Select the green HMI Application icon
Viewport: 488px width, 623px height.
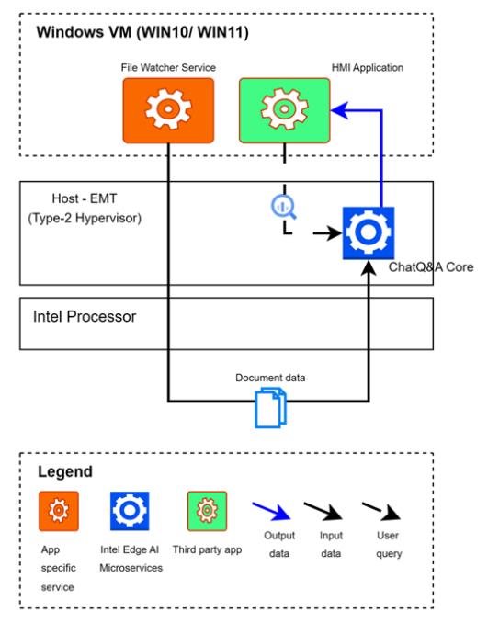click(x=284, y=109)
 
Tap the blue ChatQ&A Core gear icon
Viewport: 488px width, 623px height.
click(x=369, y=233)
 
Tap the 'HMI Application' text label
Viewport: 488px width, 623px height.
click(x=367, y=67)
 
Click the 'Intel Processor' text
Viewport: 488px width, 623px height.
click(x=85, y=317)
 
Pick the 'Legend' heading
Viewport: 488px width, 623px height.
click(x=65, y=472)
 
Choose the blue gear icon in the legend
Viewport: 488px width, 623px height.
click(x=130, y=508)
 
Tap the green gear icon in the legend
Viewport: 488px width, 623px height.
click(x=207, y=508)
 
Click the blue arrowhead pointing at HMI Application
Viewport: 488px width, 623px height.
click(x=337, y=110)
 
